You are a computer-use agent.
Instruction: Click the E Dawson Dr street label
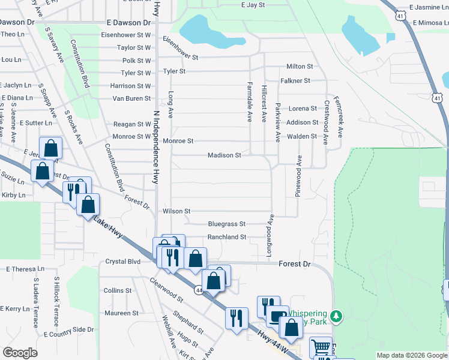(x=128, y=22)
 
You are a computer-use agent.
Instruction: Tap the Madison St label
(x=224, y=155)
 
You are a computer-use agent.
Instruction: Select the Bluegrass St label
(x=226, y=224)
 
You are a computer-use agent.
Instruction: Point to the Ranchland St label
(x=227, y=237)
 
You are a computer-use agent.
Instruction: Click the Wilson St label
(x=176, y=211)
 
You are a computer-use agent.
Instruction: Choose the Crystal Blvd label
(x=122, y=262)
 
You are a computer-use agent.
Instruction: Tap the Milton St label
(x=300, y=67)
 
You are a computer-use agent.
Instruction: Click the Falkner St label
(x=295, y=80)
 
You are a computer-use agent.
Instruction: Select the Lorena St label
(x=303, y=109)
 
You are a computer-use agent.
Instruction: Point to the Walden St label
(x=302, y=136)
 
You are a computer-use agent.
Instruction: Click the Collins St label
(x=117, y=290)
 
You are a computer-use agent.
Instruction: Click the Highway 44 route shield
(x=198, y=290)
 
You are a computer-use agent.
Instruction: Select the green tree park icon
(x=337, y=315)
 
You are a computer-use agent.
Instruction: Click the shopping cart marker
(x=321, y=347)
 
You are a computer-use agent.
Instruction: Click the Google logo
(x=20, y=353)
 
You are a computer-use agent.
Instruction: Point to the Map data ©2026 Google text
(x=412, y=355)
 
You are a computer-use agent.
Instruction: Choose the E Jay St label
(x=253, y=5)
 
